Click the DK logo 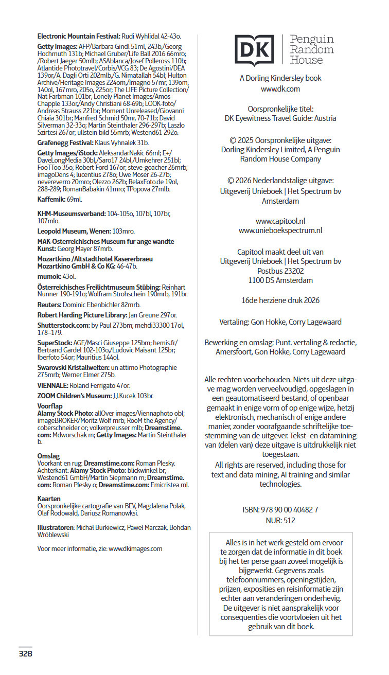tap(254, 50)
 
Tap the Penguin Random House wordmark tap(311, 50)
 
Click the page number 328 tap(26, 654)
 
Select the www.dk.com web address tap(280, 88)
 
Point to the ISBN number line tap(280, 509)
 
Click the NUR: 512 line tap(280, 520)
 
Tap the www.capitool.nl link tap(280, 221)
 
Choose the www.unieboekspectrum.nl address tap(280, 230)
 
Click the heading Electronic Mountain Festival tap(79, 36)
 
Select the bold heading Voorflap tap(50, 406)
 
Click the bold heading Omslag tap(49, 456)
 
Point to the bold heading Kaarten tap(49, 499)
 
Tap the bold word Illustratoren tap(56, 527)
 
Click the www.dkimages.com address tap(135, 548)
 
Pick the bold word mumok tap(49, 276)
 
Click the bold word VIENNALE tap(53, 385)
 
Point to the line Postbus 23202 tap(280, 271)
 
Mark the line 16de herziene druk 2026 tap(280, 300)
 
